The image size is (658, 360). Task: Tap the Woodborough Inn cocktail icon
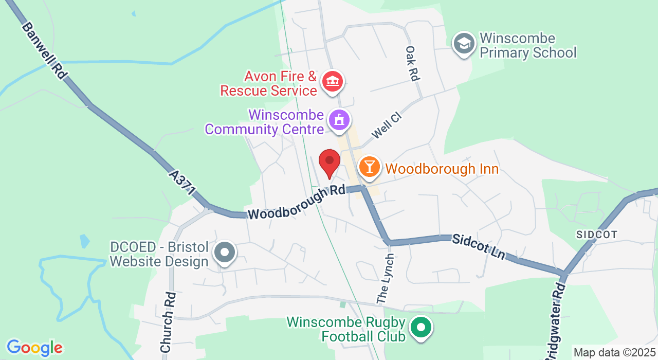[x=369, y=167]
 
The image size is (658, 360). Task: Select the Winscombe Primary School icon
[x=464, y=45]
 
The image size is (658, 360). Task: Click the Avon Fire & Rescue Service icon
[x=333, y=82]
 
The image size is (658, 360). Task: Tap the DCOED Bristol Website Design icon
[x=225, y=253]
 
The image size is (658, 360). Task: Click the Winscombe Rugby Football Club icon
[x=421, y=328]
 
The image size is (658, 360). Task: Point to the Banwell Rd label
[x=44, y=50]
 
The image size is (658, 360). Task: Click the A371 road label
[x=182, y=183]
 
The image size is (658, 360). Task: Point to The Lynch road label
[x=385, y=278]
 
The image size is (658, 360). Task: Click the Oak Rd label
[x=412, y=63]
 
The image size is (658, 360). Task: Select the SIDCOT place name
[x=596, y=235]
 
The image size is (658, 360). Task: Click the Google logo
[x=34, y=348]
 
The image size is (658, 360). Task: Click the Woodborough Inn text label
[x=442, y=169]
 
